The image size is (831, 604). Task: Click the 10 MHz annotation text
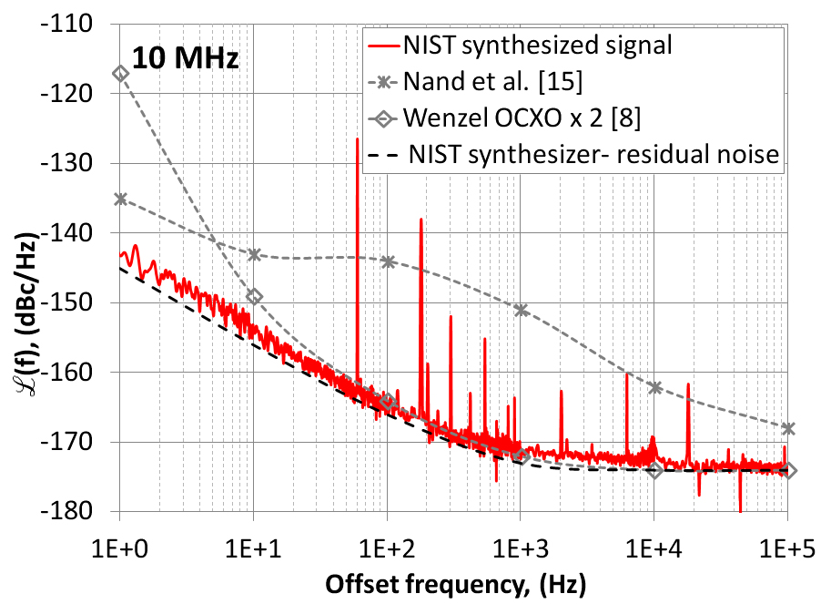tap(186, 60)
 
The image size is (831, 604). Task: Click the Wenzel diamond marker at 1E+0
tap(120, 73)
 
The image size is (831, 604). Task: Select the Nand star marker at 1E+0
tap(120, 199)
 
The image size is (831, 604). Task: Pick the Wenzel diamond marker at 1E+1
tap(254, 296)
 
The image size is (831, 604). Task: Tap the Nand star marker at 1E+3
tap(521, 310)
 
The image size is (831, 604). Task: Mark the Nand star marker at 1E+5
tap(787, 428)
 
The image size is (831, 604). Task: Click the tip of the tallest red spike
tap(358, 138)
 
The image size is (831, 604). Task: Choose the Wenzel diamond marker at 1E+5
tap(787, 470)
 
